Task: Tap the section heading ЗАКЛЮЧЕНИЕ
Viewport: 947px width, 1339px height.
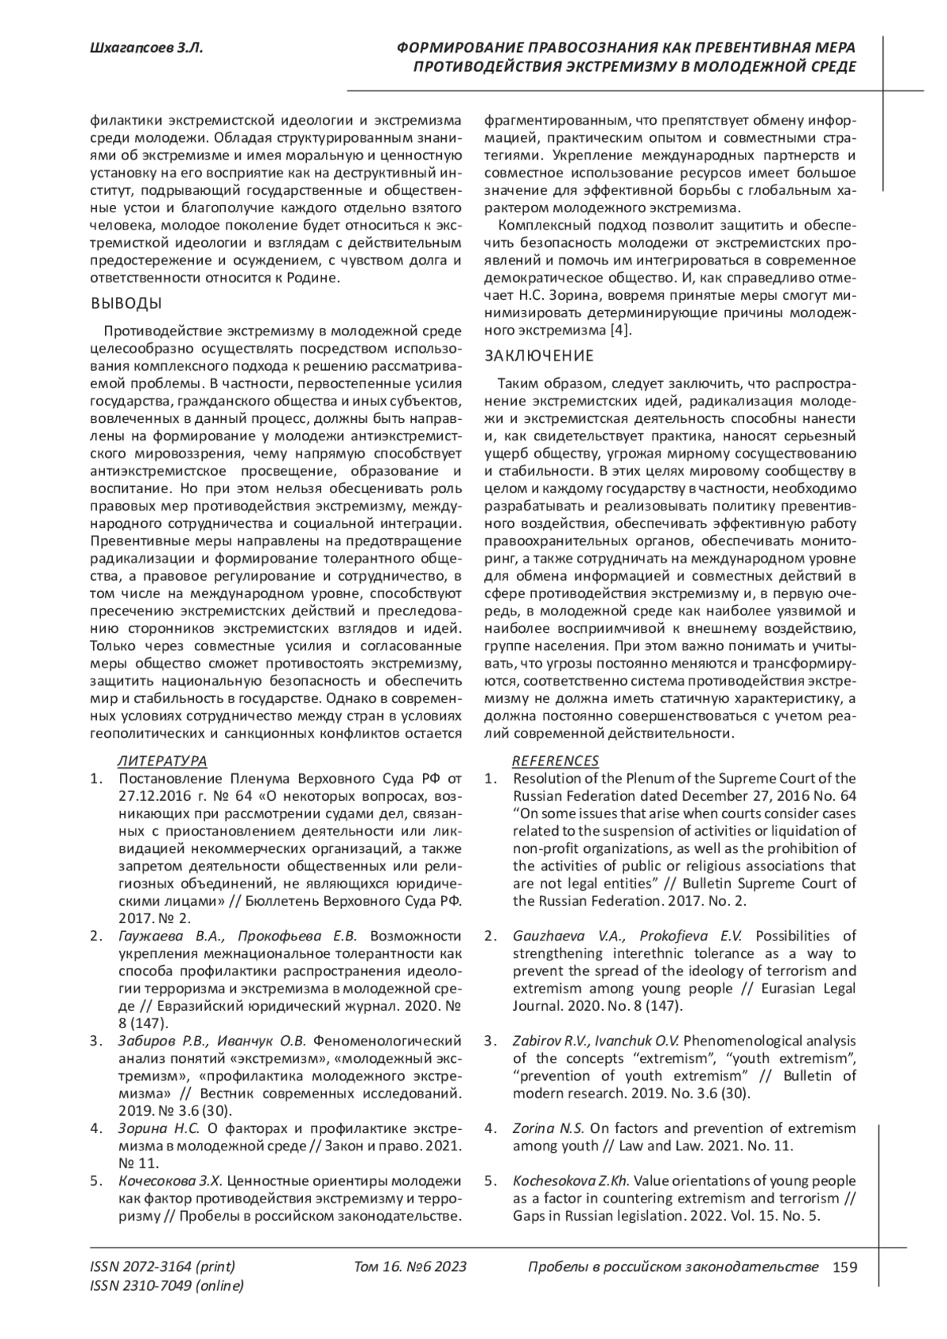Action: pyautogui.click(x=539, y=356)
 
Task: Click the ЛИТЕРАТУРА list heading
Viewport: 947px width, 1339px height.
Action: pyautogui.click(x=163, y=761)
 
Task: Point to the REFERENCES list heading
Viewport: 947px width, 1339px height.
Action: pyautogui.click(x=556, y=761)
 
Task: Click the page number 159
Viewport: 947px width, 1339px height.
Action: pyautogui.click(x=844, y=1267)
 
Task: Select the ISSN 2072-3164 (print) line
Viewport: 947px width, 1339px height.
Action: pyautogui.click(x=163, y=1267)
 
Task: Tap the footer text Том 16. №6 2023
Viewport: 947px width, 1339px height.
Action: pyautogui.click(x=410, y=1267)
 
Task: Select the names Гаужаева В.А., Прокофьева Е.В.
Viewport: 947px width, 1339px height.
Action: pyautogui.click(x=238, y=937)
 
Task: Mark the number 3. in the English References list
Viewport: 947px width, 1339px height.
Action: pyautogui.click(x=491, y=1041)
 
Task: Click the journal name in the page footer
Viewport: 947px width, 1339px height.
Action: pyautogui.click(x=672, y=1267)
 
